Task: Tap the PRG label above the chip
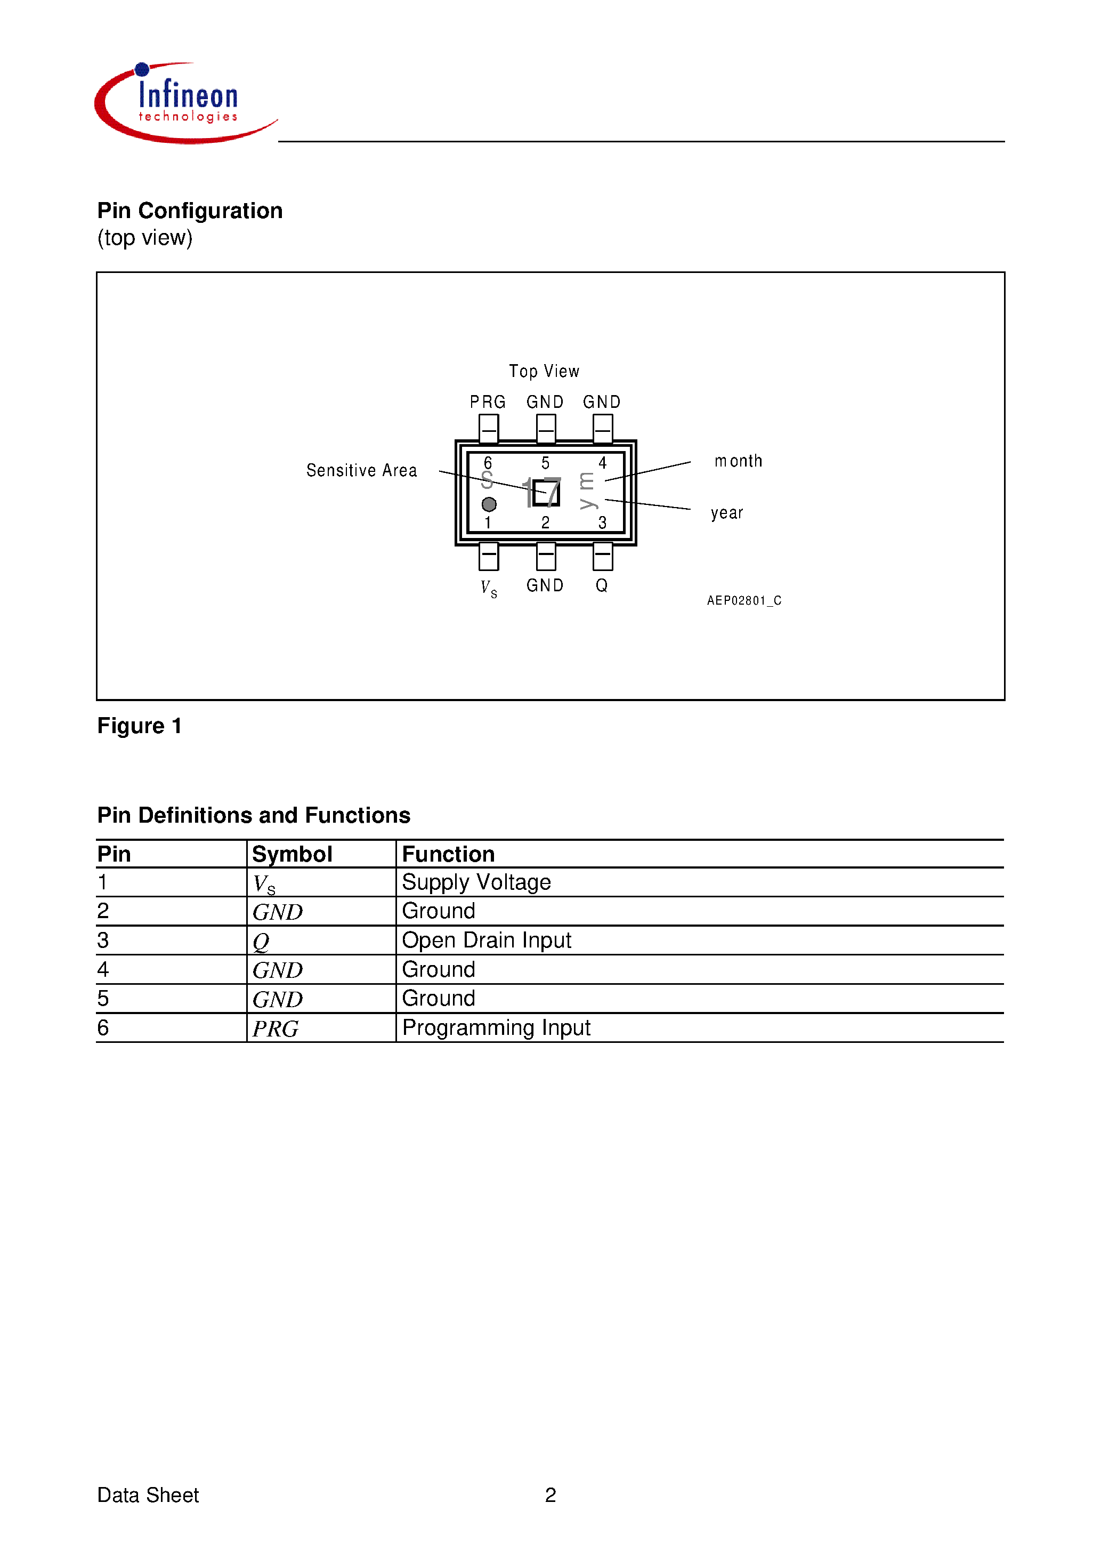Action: [488, 402]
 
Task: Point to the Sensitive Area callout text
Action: [361, 471]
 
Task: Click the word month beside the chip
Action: [738, 461]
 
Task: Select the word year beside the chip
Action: [726, 513]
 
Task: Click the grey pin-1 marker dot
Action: [489, 504]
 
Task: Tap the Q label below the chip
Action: [602, 585]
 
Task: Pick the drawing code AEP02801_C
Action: [744, 600]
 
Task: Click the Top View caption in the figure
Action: [544, 372]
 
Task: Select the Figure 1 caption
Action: [139, 726]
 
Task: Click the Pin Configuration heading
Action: [189, 211]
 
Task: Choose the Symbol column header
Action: [292, 854]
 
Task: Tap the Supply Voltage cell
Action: [476, 882]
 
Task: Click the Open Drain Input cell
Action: [486, 941]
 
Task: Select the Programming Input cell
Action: [496, 1028]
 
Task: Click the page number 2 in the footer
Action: [550, 1494]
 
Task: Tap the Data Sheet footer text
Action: [148, 1494]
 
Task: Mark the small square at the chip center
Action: [546, 493]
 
